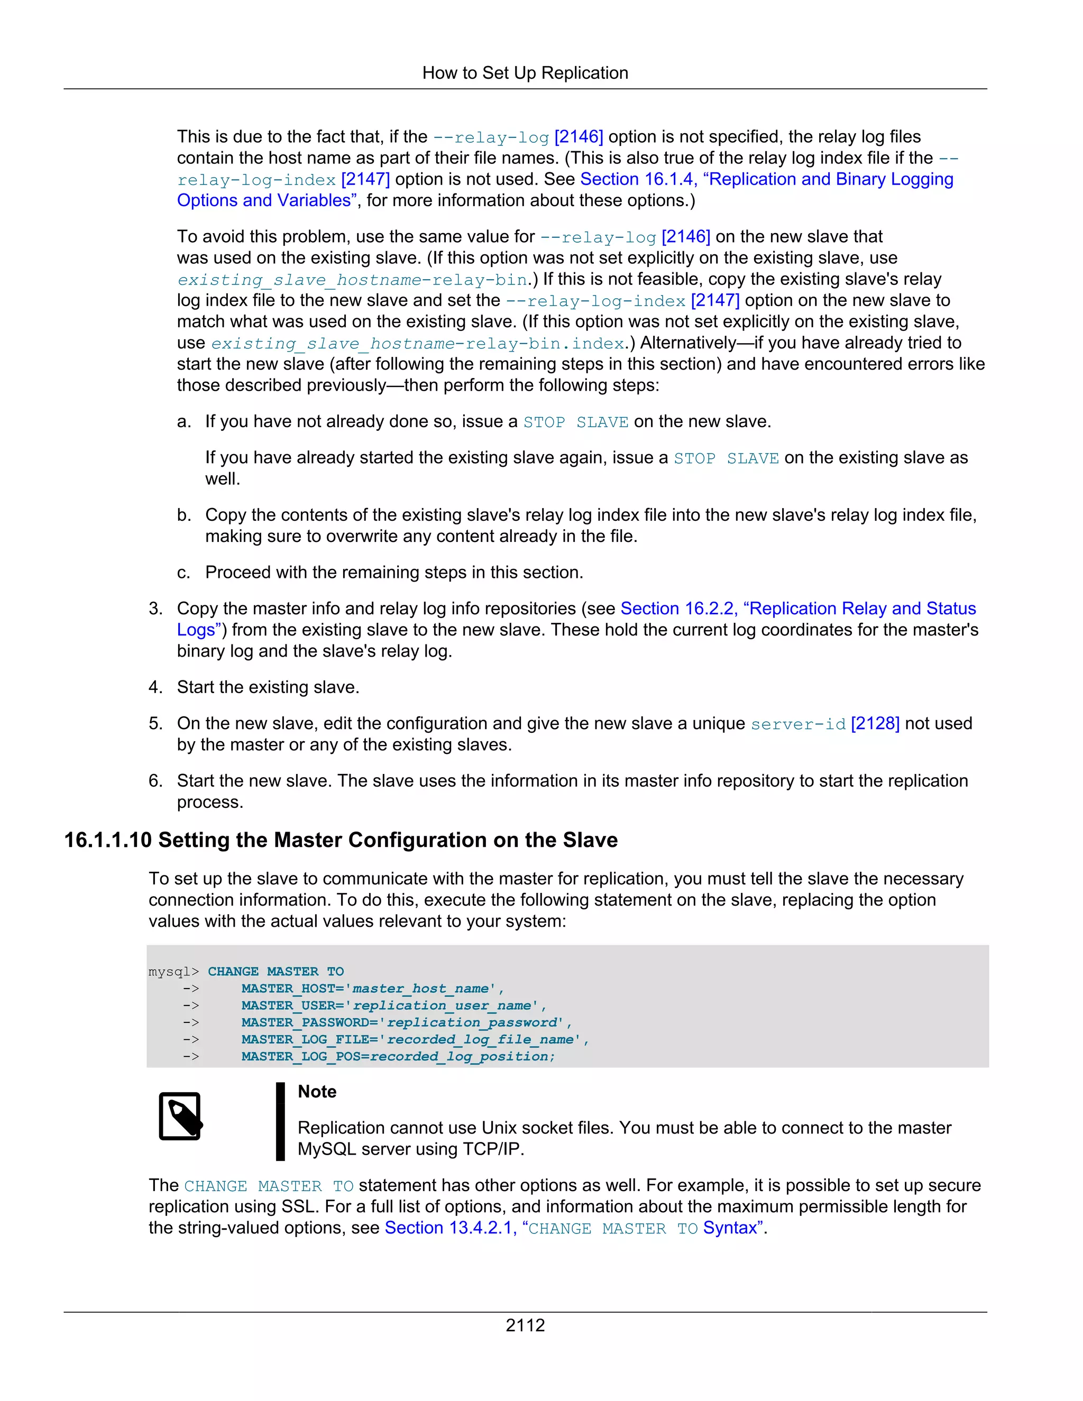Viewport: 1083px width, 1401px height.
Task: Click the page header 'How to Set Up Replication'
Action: (x=525, y=73)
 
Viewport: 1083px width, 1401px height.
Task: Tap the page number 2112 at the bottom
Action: (x=525, y=1325)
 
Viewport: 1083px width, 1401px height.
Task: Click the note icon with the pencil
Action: (x=180, y=1116)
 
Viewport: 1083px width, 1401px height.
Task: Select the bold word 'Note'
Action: (x=317, y=1092)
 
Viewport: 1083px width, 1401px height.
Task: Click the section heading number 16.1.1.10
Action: (x=108, y=841)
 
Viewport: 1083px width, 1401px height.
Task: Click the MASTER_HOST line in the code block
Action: (x=372, y=989)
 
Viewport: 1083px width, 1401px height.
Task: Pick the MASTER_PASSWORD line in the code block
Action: (x=406, y=1022)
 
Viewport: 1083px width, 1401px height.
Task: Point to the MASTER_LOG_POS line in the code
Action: (x=398, y=1056)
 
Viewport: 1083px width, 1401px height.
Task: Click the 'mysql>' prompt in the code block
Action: (x=173, y=972)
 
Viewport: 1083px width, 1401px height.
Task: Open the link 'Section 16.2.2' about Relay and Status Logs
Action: (x=679, y=609)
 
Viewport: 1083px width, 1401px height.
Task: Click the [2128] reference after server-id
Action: (x=875, y=724)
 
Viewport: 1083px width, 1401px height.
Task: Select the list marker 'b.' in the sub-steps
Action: (x=184, y=515)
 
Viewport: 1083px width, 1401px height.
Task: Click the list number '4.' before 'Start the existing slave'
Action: (x=155, y=688)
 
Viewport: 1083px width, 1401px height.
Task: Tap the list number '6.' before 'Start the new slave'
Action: (x=155, y=781)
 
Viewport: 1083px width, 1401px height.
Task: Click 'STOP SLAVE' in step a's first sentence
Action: (x=575, y=422)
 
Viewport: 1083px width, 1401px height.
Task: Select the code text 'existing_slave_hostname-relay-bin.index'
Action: (x=417, y=344)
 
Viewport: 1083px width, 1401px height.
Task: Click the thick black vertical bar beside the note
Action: (x=280, y=1121)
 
